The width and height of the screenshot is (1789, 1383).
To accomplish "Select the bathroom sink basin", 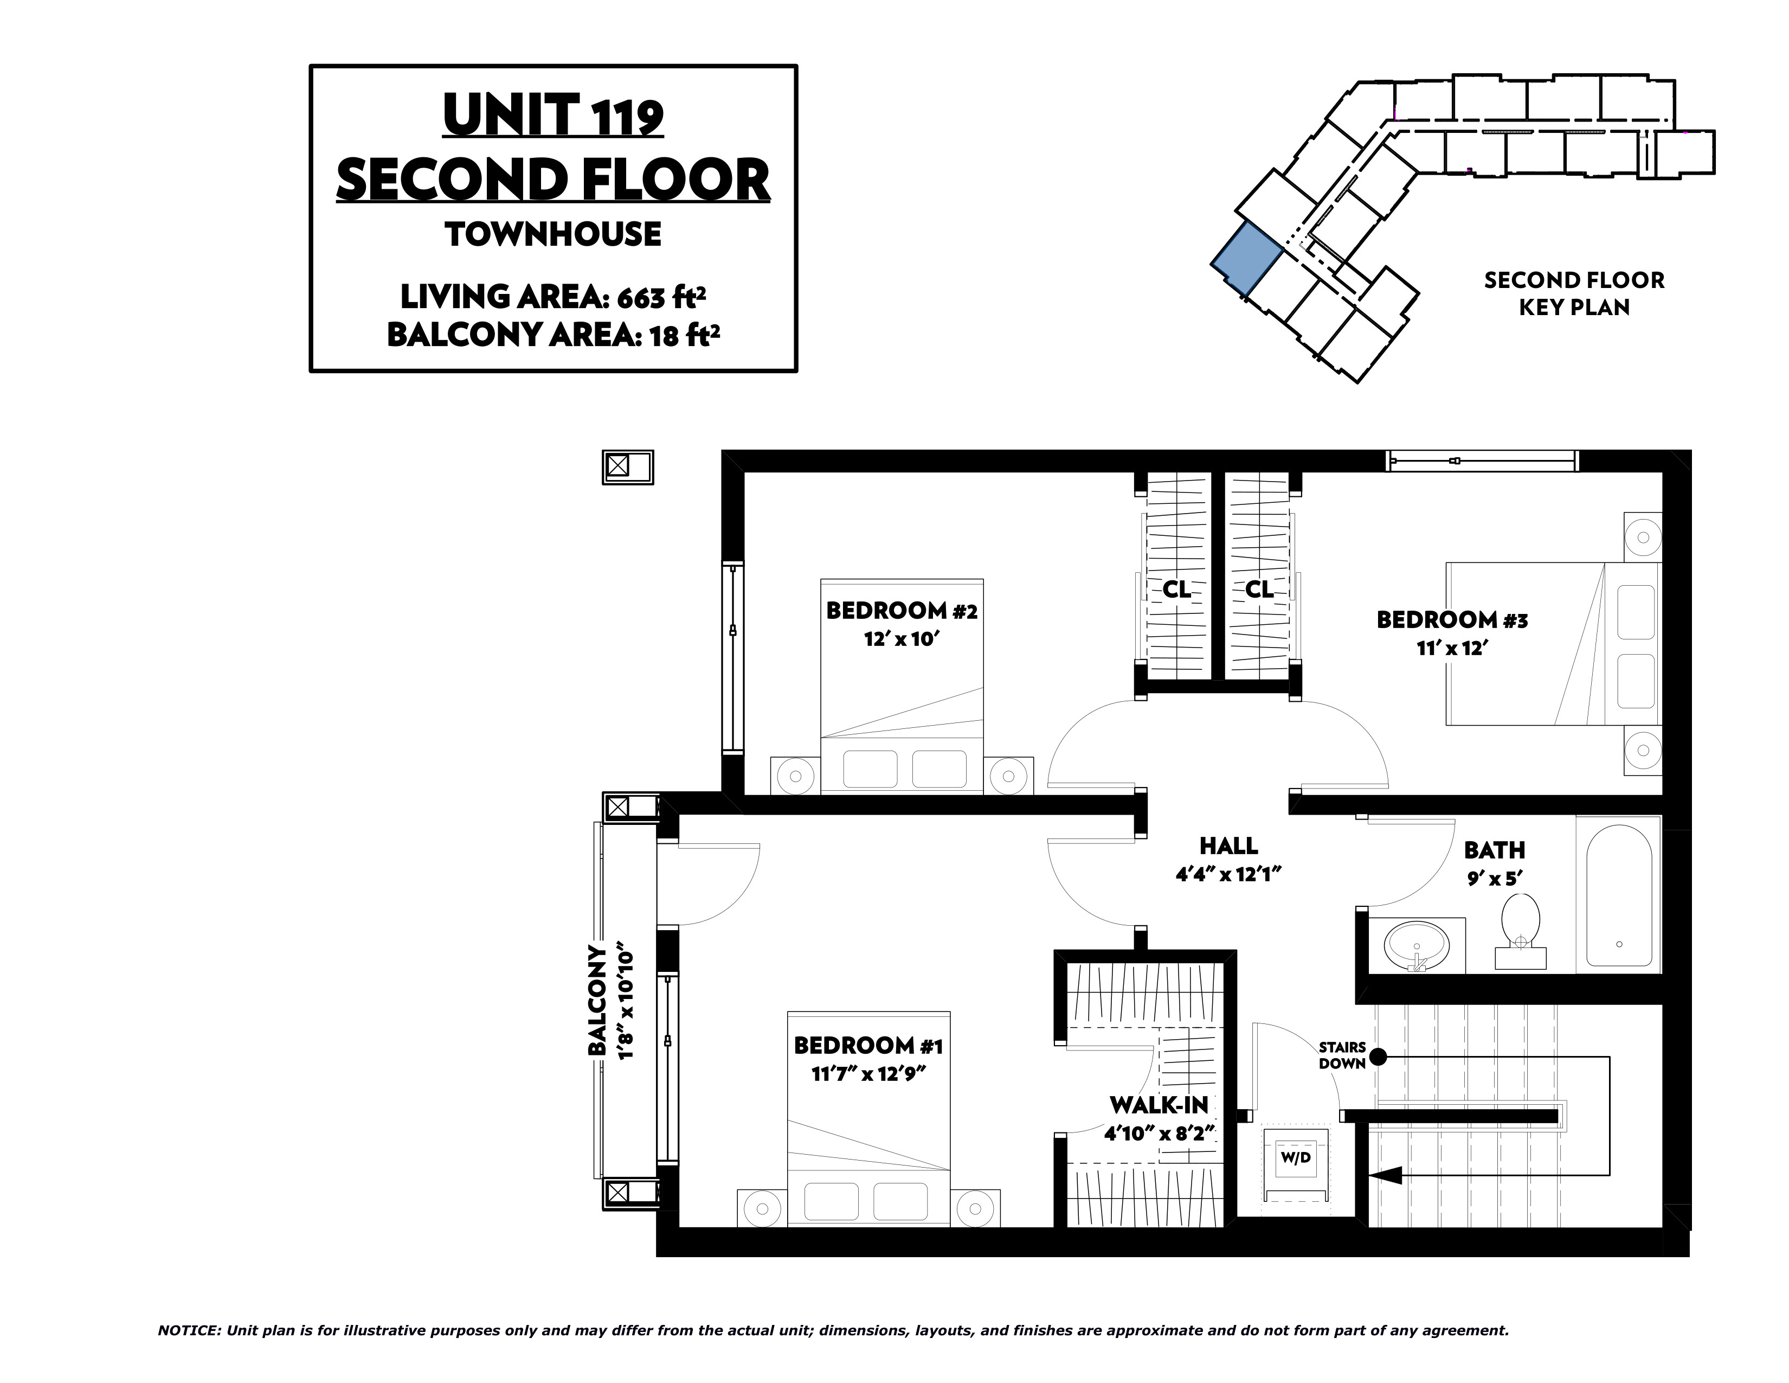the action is [x=1416, y=945].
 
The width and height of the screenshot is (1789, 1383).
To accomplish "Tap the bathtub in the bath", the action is [x=1619, y=899].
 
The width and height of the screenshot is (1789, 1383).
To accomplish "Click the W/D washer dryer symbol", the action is [x=1295, y=1158].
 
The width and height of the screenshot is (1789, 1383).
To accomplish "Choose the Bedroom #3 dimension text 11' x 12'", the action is [x=1451, y=648].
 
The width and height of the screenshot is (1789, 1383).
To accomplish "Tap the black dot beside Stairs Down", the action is [x=1379, y=1057].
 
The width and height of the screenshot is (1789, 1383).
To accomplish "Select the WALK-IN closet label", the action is [x=1159, y=1105].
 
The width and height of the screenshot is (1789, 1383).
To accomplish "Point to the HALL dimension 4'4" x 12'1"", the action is [x=1228, y=874].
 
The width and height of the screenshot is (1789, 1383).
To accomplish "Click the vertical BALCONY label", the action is [x=598, y=1001].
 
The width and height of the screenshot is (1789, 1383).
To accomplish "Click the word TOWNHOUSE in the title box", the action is [x=553, y=234].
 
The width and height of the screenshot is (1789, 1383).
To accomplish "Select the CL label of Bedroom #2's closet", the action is [x=1177, y=589].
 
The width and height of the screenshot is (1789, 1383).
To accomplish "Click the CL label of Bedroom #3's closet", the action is [x=1259, y=589].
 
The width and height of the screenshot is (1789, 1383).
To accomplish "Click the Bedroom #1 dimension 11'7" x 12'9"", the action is [x=868, y=1073].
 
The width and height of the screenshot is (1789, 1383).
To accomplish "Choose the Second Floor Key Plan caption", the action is [x=1574, y=293].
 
